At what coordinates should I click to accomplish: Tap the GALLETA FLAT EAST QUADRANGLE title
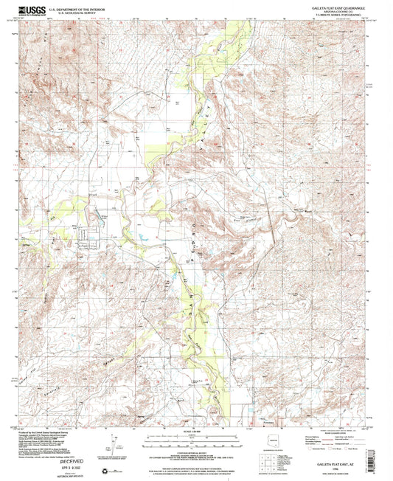click(x=332, y=7)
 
